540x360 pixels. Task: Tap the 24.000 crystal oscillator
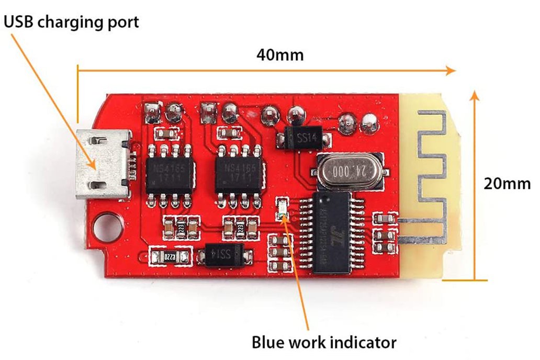[347, 172]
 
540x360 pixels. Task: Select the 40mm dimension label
[280, 54]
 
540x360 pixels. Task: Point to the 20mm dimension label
[507, 184]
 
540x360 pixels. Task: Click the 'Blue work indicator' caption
[324, 342]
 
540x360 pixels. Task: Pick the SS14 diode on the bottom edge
[223, 255]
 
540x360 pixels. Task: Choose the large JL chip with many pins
[332, 230]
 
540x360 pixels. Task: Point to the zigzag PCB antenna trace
[431, 173]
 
